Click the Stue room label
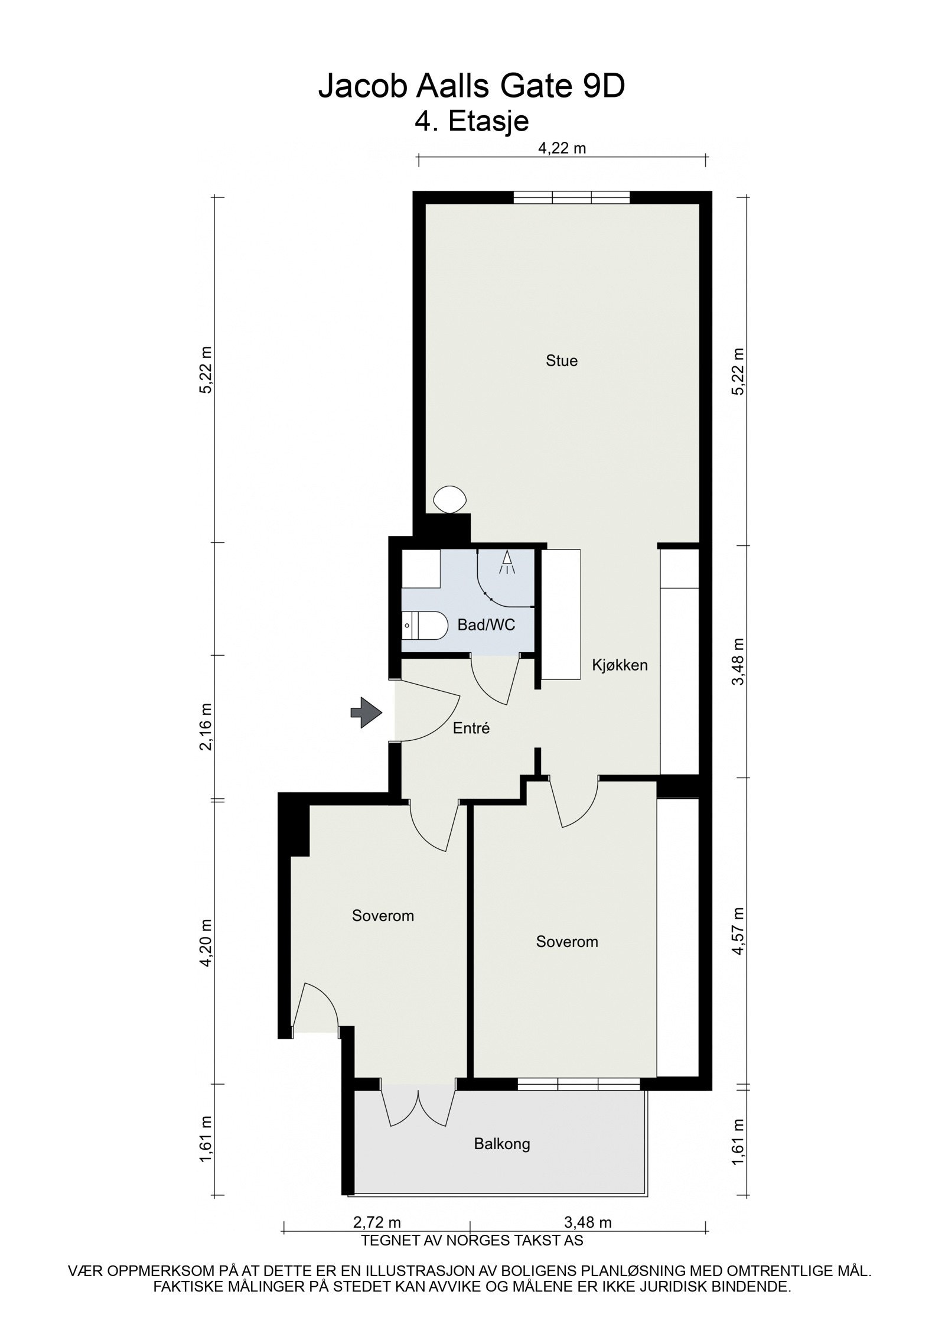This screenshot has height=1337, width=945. pos(561,360)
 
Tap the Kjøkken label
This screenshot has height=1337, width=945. pos(620,665)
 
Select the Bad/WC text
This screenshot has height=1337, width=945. pos(486,625)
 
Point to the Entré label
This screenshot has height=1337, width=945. pos(471,728)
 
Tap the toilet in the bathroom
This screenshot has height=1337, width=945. pos(423,624)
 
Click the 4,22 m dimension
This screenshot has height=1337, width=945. pos(562,148)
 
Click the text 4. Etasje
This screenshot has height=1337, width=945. pos(471,121)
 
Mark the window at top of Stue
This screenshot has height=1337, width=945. pos(571,197)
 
